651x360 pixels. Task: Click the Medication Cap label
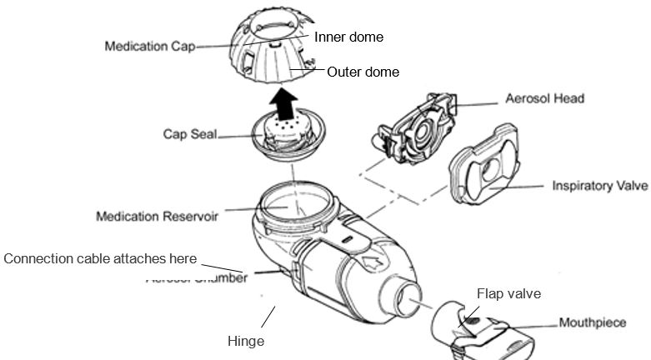pos(148,47)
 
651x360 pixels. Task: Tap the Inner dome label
pos(348,37)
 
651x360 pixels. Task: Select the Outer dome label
pos(363,72)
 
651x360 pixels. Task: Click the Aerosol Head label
pos(544,98)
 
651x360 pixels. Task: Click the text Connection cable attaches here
pos(101,259)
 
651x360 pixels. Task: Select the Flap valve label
pos(508,293)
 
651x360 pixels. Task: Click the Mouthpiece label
pos(592,322)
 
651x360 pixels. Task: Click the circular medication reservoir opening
pos(291,203)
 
